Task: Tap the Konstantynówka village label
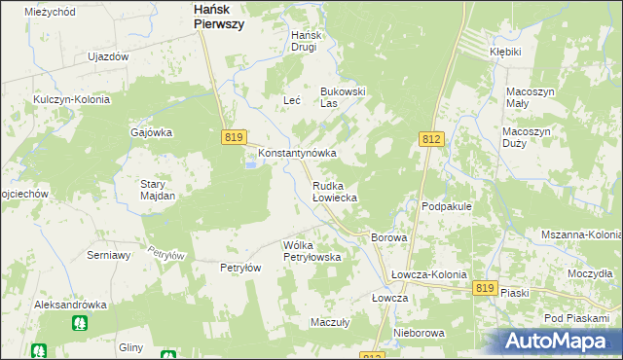pos(297,154)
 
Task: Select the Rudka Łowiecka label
pos(334,191)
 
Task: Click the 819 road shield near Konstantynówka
pos(233,138)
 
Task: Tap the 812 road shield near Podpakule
pos(432,140)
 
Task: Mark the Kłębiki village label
pos(506,52)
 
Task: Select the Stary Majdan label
pos(157,190)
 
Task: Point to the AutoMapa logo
pos(561,342)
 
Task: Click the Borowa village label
pos(387,237)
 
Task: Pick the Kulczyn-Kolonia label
pos(71,99)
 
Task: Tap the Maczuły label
pos(329,321)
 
